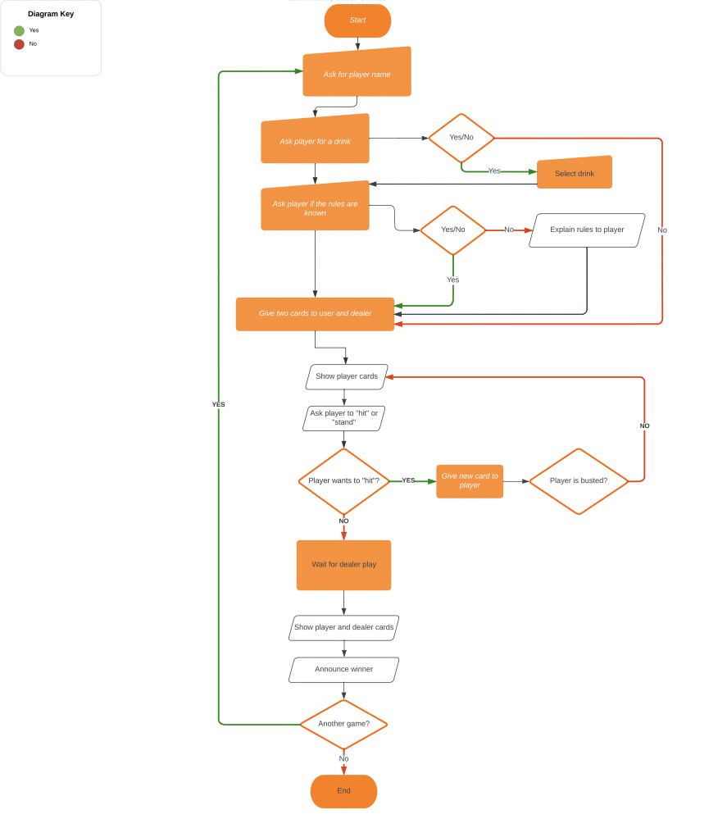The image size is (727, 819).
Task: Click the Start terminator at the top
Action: pos(357,20)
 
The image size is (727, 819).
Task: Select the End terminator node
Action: pos(343,791)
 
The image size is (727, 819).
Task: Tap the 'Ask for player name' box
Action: pos(357,73)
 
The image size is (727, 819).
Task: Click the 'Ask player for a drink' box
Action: pos(315,140)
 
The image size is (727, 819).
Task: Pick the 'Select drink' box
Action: pos(575,173)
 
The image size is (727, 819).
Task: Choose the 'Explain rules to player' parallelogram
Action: pos(587,230)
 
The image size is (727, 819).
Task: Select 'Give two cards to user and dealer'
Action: pos(315,314)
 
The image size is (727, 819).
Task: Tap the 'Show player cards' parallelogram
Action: pos(347,377)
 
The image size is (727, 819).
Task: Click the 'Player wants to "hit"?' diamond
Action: pos(343,481)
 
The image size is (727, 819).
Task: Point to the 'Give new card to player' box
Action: pos(470,481)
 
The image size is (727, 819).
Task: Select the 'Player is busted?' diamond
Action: pos(579,481)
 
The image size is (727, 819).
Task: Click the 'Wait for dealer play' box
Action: pos(343,565)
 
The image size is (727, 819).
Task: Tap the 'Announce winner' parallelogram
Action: pos(343,670)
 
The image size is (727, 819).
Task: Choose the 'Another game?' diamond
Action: pos(343,724)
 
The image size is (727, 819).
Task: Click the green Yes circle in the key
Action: pos(19,31)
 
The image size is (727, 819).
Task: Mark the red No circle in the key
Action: pos(19,44)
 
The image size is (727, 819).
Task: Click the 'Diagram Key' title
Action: pos(51,14)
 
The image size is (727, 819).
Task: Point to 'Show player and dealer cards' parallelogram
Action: pos(343,628)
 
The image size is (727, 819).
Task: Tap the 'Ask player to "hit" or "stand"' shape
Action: pos(343,418)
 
